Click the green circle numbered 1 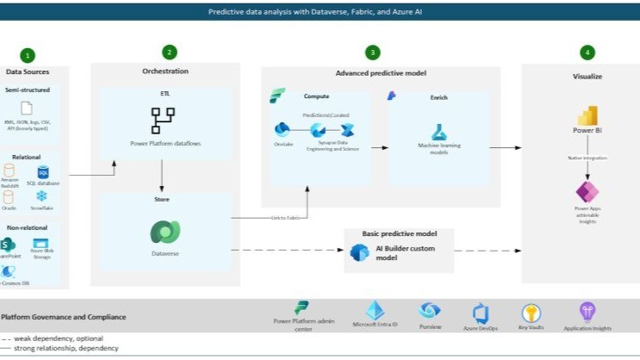click(28, 55)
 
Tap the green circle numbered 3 click(372, 52)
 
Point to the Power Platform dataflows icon click(163, 120)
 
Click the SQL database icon click(43, 173)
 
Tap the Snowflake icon click(42, 196)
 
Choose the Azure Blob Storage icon click(40, 244)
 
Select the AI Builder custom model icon click(359, 252)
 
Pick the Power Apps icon click(587, 192)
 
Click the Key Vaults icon click(531, 313)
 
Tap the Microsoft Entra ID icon click(376, 311)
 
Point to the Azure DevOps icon click(482, 313)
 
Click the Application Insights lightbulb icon click(587, 312)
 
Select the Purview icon click(429, 311)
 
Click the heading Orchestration click(165, 71)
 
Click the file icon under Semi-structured click(28, 109)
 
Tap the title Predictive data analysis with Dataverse click(319, 11)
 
